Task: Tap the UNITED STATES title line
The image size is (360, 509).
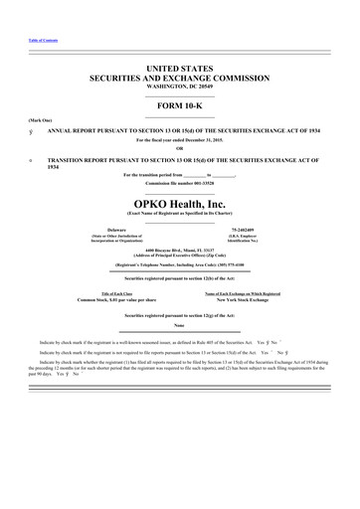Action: [180, 67]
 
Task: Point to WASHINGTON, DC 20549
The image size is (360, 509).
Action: [180, 86]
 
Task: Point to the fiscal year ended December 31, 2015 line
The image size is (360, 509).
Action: [180, 139]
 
